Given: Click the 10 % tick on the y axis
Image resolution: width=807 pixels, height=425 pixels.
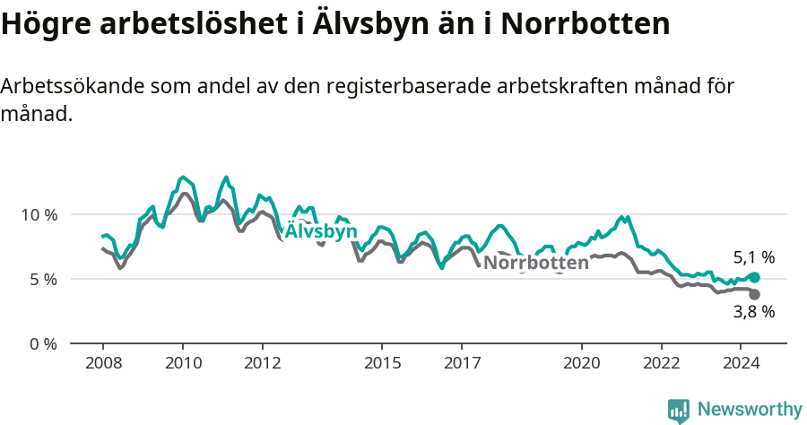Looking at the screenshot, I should point(39,215).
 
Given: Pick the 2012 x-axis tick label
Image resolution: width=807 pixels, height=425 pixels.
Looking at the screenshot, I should point(262,363).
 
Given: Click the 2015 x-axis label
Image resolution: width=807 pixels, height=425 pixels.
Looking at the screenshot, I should point(382,363).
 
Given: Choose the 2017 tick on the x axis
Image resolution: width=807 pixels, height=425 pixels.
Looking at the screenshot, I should point(462,363).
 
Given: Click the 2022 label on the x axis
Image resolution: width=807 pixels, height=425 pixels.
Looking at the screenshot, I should point(662,363).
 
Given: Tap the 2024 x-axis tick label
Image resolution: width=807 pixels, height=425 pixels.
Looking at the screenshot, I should point(741,363).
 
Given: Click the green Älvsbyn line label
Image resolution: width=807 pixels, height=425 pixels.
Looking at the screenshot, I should point(320,232).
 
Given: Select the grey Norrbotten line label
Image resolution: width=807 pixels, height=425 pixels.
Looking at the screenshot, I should point(536,263).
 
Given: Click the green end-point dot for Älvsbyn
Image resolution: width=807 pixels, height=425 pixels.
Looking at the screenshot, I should point(754,278).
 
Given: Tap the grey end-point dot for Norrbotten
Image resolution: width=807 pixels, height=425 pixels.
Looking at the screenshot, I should point(754,294).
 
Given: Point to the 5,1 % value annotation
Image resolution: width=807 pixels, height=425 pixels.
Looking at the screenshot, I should point(753,258).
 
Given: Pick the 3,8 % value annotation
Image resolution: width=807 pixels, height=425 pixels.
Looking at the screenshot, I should point(753,313).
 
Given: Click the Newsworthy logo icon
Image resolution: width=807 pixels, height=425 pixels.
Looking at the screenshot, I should point(679,411).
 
